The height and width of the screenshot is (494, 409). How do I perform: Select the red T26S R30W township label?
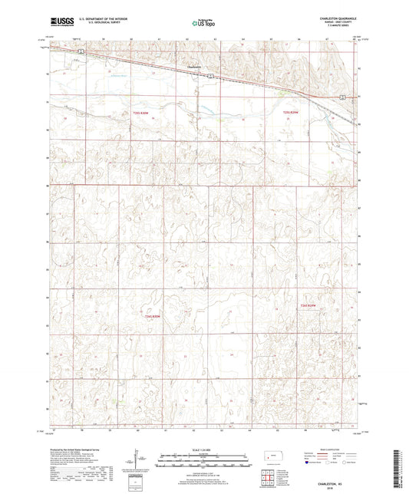tap(153, 315)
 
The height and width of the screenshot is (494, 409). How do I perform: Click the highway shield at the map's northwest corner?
tap(80, 51)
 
